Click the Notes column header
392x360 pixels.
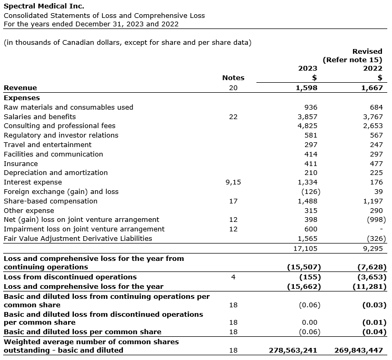click(x=233, y=77)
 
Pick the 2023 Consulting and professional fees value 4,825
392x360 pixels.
click(x=308, y=126)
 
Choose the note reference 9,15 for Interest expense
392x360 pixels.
click(x=233, y=182)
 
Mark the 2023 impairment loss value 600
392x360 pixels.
click(x=311, y=229)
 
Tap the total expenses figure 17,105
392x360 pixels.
click(x=306, y=248)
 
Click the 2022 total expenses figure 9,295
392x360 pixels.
click(x=373, y=248)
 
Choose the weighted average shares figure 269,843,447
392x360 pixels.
click(x=359, y=350)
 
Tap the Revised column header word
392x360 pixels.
click(x=367, y=51)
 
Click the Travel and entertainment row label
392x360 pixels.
click(x=47, y=145)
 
